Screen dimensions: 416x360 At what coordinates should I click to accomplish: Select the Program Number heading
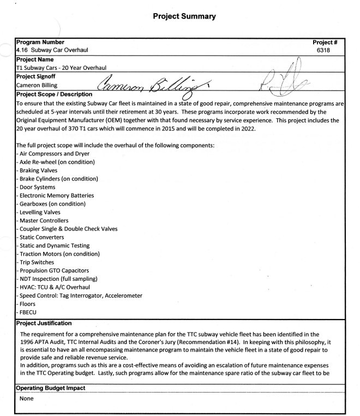coord(41,42)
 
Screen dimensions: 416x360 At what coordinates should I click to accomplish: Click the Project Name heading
coord(35,59)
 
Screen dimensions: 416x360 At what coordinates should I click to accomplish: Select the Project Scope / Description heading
coord(59,94)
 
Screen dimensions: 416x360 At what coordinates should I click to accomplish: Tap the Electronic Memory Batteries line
coord(56,195)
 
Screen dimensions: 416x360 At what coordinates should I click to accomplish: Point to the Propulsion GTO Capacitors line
coord(53,271)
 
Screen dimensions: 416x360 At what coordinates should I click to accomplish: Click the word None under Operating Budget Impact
coord(26,399)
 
